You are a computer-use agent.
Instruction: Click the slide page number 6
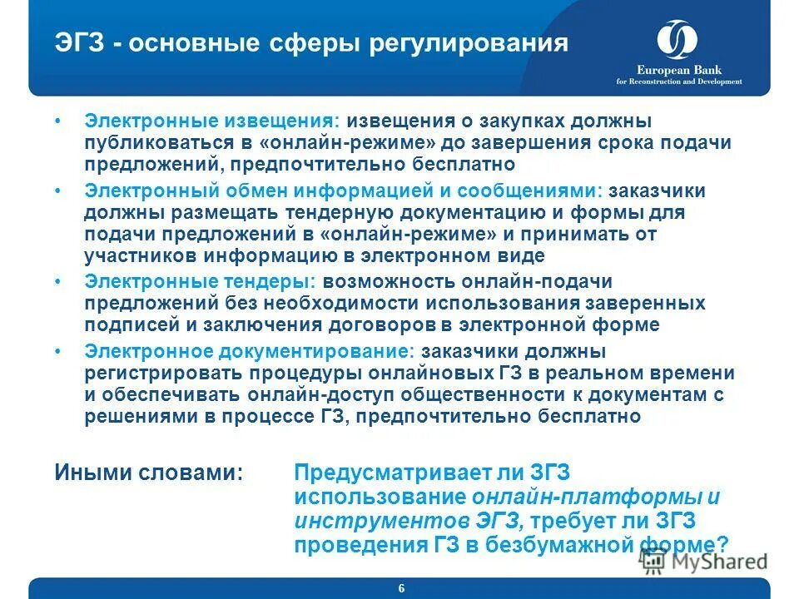(401, 588)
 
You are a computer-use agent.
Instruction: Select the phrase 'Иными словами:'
(149, 473)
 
